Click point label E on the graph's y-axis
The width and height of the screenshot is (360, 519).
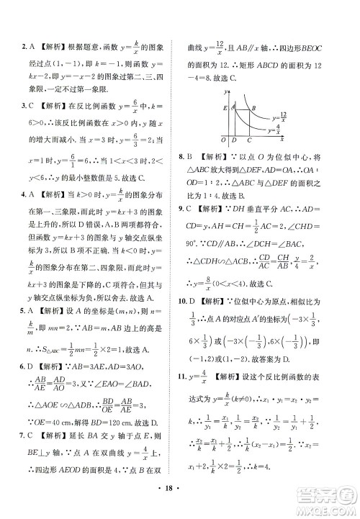point(225,107)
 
